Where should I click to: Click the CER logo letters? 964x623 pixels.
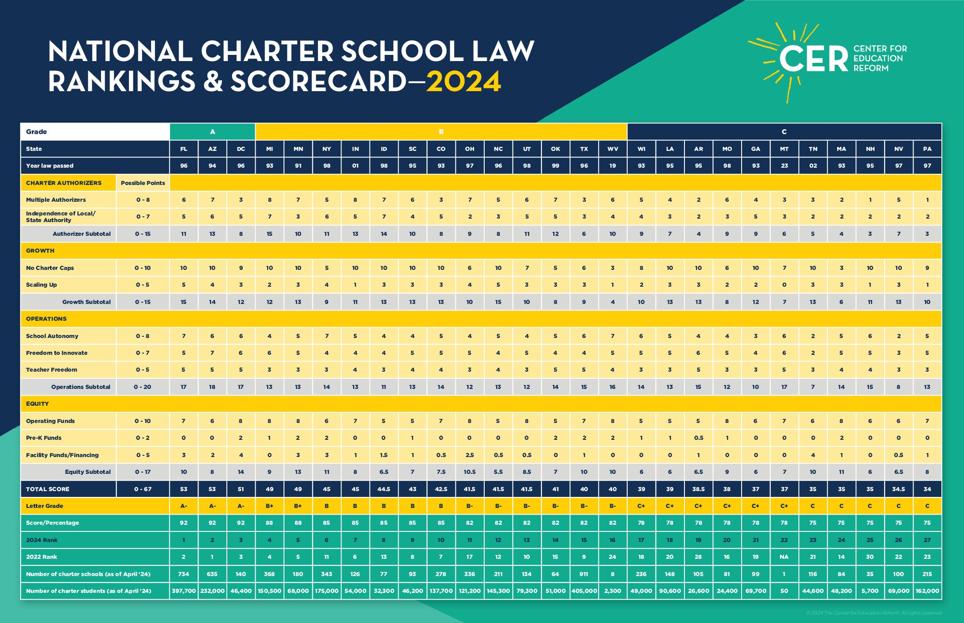pyautogui.click(x=813, y=59)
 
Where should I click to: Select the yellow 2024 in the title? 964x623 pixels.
pyautogui.click(x=463, y=82)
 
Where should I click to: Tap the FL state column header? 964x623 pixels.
pyautogui.click(x=183, y=149)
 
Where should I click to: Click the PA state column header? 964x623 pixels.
pyautogui.click(x=927, y=149)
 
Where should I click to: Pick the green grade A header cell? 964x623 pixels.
pyautogui.click(x=213, y=132)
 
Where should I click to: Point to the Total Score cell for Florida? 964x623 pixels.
pyautogui.click(x=183, y=489)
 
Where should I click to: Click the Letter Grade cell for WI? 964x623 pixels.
pyautogui.click(x=641, y=506)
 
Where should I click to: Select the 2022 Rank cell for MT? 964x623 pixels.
pyautogui.click(x=784, y=557)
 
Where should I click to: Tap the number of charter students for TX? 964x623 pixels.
pyautogui.click(x=584, y=591)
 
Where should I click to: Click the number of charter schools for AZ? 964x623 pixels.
pyautogui.click(x=212, y=574)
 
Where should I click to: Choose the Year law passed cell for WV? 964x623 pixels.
pyautogui.click(x=613, y=165)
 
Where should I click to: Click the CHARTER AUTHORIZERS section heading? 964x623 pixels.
pyautogui.click(x=64, y=183)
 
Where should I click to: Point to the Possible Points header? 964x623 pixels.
pyautogui.click(x=143, y=183)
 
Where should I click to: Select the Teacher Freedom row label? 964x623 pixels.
pyautogui.click(x=51, y=369)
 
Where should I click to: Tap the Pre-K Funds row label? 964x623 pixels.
pyautogui.click(x=44, y=438)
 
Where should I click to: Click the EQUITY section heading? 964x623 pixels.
pyautogui.click(x=38, y=404)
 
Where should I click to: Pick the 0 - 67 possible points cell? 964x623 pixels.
pyautogui.click(x=143, y=489)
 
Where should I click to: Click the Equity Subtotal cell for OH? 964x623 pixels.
pyautogui.click(x=470, y=472)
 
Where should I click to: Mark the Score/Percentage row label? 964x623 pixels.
pyautogui.click(x=52, y=523)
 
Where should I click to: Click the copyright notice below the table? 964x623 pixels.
pyautogui.click(x=874, y=613)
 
